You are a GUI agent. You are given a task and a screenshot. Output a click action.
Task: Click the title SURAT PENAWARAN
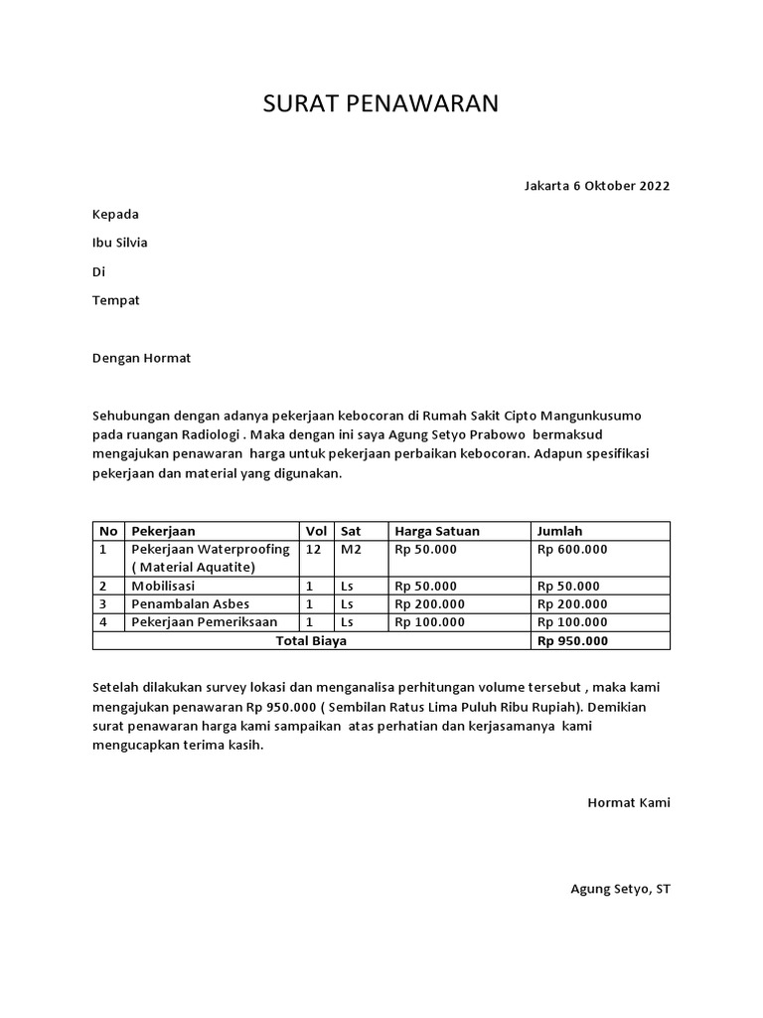tap(381, 104)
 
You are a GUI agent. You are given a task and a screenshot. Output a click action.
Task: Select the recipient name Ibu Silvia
tap(119, 243)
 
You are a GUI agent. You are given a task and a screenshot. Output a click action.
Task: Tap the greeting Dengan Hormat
tap(141, 358)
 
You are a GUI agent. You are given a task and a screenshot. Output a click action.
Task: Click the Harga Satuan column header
tap(436, 531)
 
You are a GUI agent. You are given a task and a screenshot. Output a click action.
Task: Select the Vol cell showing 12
tap(314, 549)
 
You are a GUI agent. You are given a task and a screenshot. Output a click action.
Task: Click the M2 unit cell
tap(351, 549)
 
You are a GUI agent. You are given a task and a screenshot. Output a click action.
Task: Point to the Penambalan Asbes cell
tap(184, 603)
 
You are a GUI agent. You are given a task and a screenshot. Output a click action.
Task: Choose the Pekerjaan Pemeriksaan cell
tap(204, 622)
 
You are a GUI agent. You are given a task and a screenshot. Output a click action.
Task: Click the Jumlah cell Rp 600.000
tap(572, 549)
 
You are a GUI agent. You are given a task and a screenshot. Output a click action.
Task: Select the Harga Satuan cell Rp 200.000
tap(429, 603)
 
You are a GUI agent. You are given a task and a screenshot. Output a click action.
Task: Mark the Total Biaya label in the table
tap(311, 641)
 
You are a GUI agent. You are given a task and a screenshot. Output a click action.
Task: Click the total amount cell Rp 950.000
tap(572, 641)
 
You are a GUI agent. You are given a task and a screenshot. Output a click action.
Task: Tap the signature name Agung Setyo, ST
tap(620, 889)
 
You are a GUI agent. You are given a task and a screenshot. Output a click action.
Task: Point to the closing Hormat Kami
tap(629, 802)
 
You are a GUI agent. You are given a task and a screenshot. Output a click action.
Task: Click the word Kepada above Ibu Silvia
tap(115, 214)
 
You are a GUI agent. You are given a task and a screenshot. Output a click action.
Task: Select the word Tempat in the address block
tap(116, 300)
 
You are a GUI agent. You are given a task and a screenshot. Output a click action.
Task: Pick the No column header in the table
tap(108, 531)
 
